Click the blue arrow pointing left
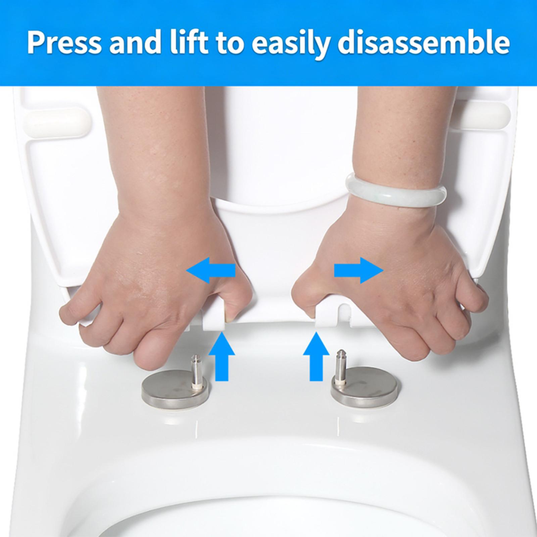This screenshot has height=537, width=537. [x=210, y=271]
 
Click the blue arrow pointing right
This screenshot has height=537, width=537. [x=358, y=271]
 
